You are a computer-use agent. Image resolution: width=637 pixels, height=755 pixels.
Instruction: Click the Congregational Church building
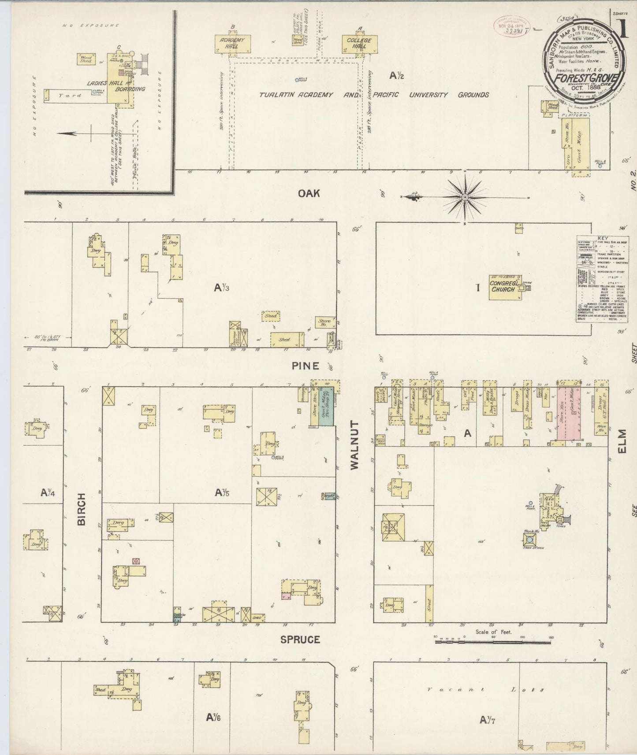[503, 287]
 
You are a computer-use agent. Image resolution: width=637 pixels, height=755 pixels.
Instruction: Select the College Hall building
[359, 43]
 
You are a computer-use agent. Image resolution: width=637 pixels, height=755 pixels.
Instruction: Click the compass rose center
[465, 197]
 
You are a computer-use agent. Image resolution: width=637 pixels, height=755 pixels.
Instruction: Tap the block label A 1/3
[222, 288]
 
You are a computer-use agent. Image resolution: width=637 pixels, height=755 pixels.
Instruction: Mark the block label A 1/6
[213, 718]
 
